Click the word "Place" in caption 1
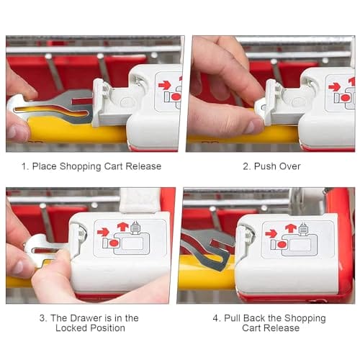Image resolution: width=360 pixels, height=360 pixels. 45,166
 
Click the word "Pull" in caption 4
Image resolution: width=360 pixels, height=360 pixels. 233,318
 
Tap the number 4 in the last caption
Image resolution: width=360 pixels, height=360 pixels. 215,318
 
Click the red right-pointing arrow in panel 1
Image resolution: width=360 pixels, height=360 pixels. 165,86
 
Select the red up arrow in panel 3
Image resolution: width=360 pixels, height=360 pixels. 122,226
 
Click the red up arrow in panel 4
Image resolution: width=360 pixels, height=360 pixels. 291,228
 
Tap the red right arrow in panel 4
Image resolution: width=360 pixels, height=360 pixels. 271,233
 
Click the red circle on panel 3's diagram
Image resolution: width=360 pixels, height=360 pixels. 114,243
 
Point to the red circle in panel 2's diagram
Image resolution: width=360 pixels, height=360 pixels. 345,98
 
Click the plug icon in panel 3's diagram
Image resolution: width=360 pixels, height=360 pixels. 135,228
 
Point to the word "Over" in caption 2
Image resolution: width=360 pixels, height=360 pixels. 289,166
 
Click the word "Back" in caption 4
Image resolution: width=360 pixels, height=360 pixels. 254,318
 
